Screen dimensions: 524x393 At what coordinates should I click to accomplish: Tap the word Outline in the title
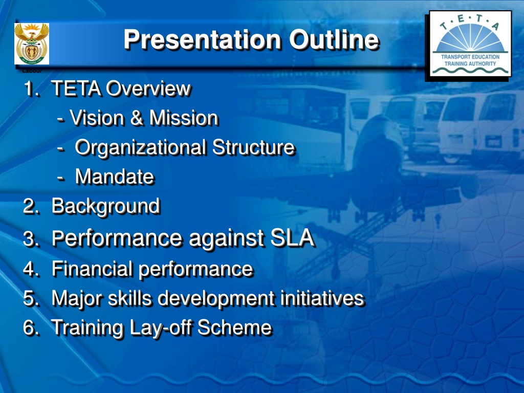pos(334,40)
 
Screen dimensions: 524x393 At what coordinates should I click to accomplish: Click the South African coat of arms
pos(32,44)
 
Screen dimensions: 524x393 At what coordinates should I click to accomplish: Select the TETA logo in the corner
pos(470,44)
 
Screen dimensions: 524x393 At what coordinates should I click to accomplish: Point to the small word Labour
pos(32,71)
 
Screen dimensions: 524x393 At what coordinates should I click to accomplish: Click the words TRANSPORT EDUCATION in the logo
pos(470,57)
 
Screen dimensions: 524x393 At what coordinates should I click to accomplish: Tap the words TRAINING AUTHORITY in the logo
pos(470,63)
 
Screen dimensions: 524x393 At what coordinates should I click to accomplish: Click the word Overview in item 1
pos(148,89)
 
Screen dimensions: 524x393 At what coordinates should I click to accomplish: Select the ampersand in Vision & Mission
pos(136,118)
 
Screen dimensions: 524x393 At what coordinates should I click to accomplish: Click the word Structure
pos(253,147)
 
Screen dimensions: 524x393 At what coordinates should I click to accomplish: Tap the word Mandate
pos(115,177)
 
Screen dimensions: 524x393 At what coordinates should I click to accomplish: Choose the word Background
pos(106,206)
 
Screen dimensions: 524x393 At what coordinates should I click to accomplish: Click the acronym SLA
pos(292,238)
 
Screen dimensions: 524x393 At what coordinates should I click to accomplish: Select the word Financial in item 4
pos(92,269)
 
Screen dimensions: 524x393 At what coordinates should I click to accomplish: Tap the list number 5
pos(31,298)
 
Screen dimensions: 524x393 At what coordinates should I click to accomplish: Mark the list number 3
pos(31,238)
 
